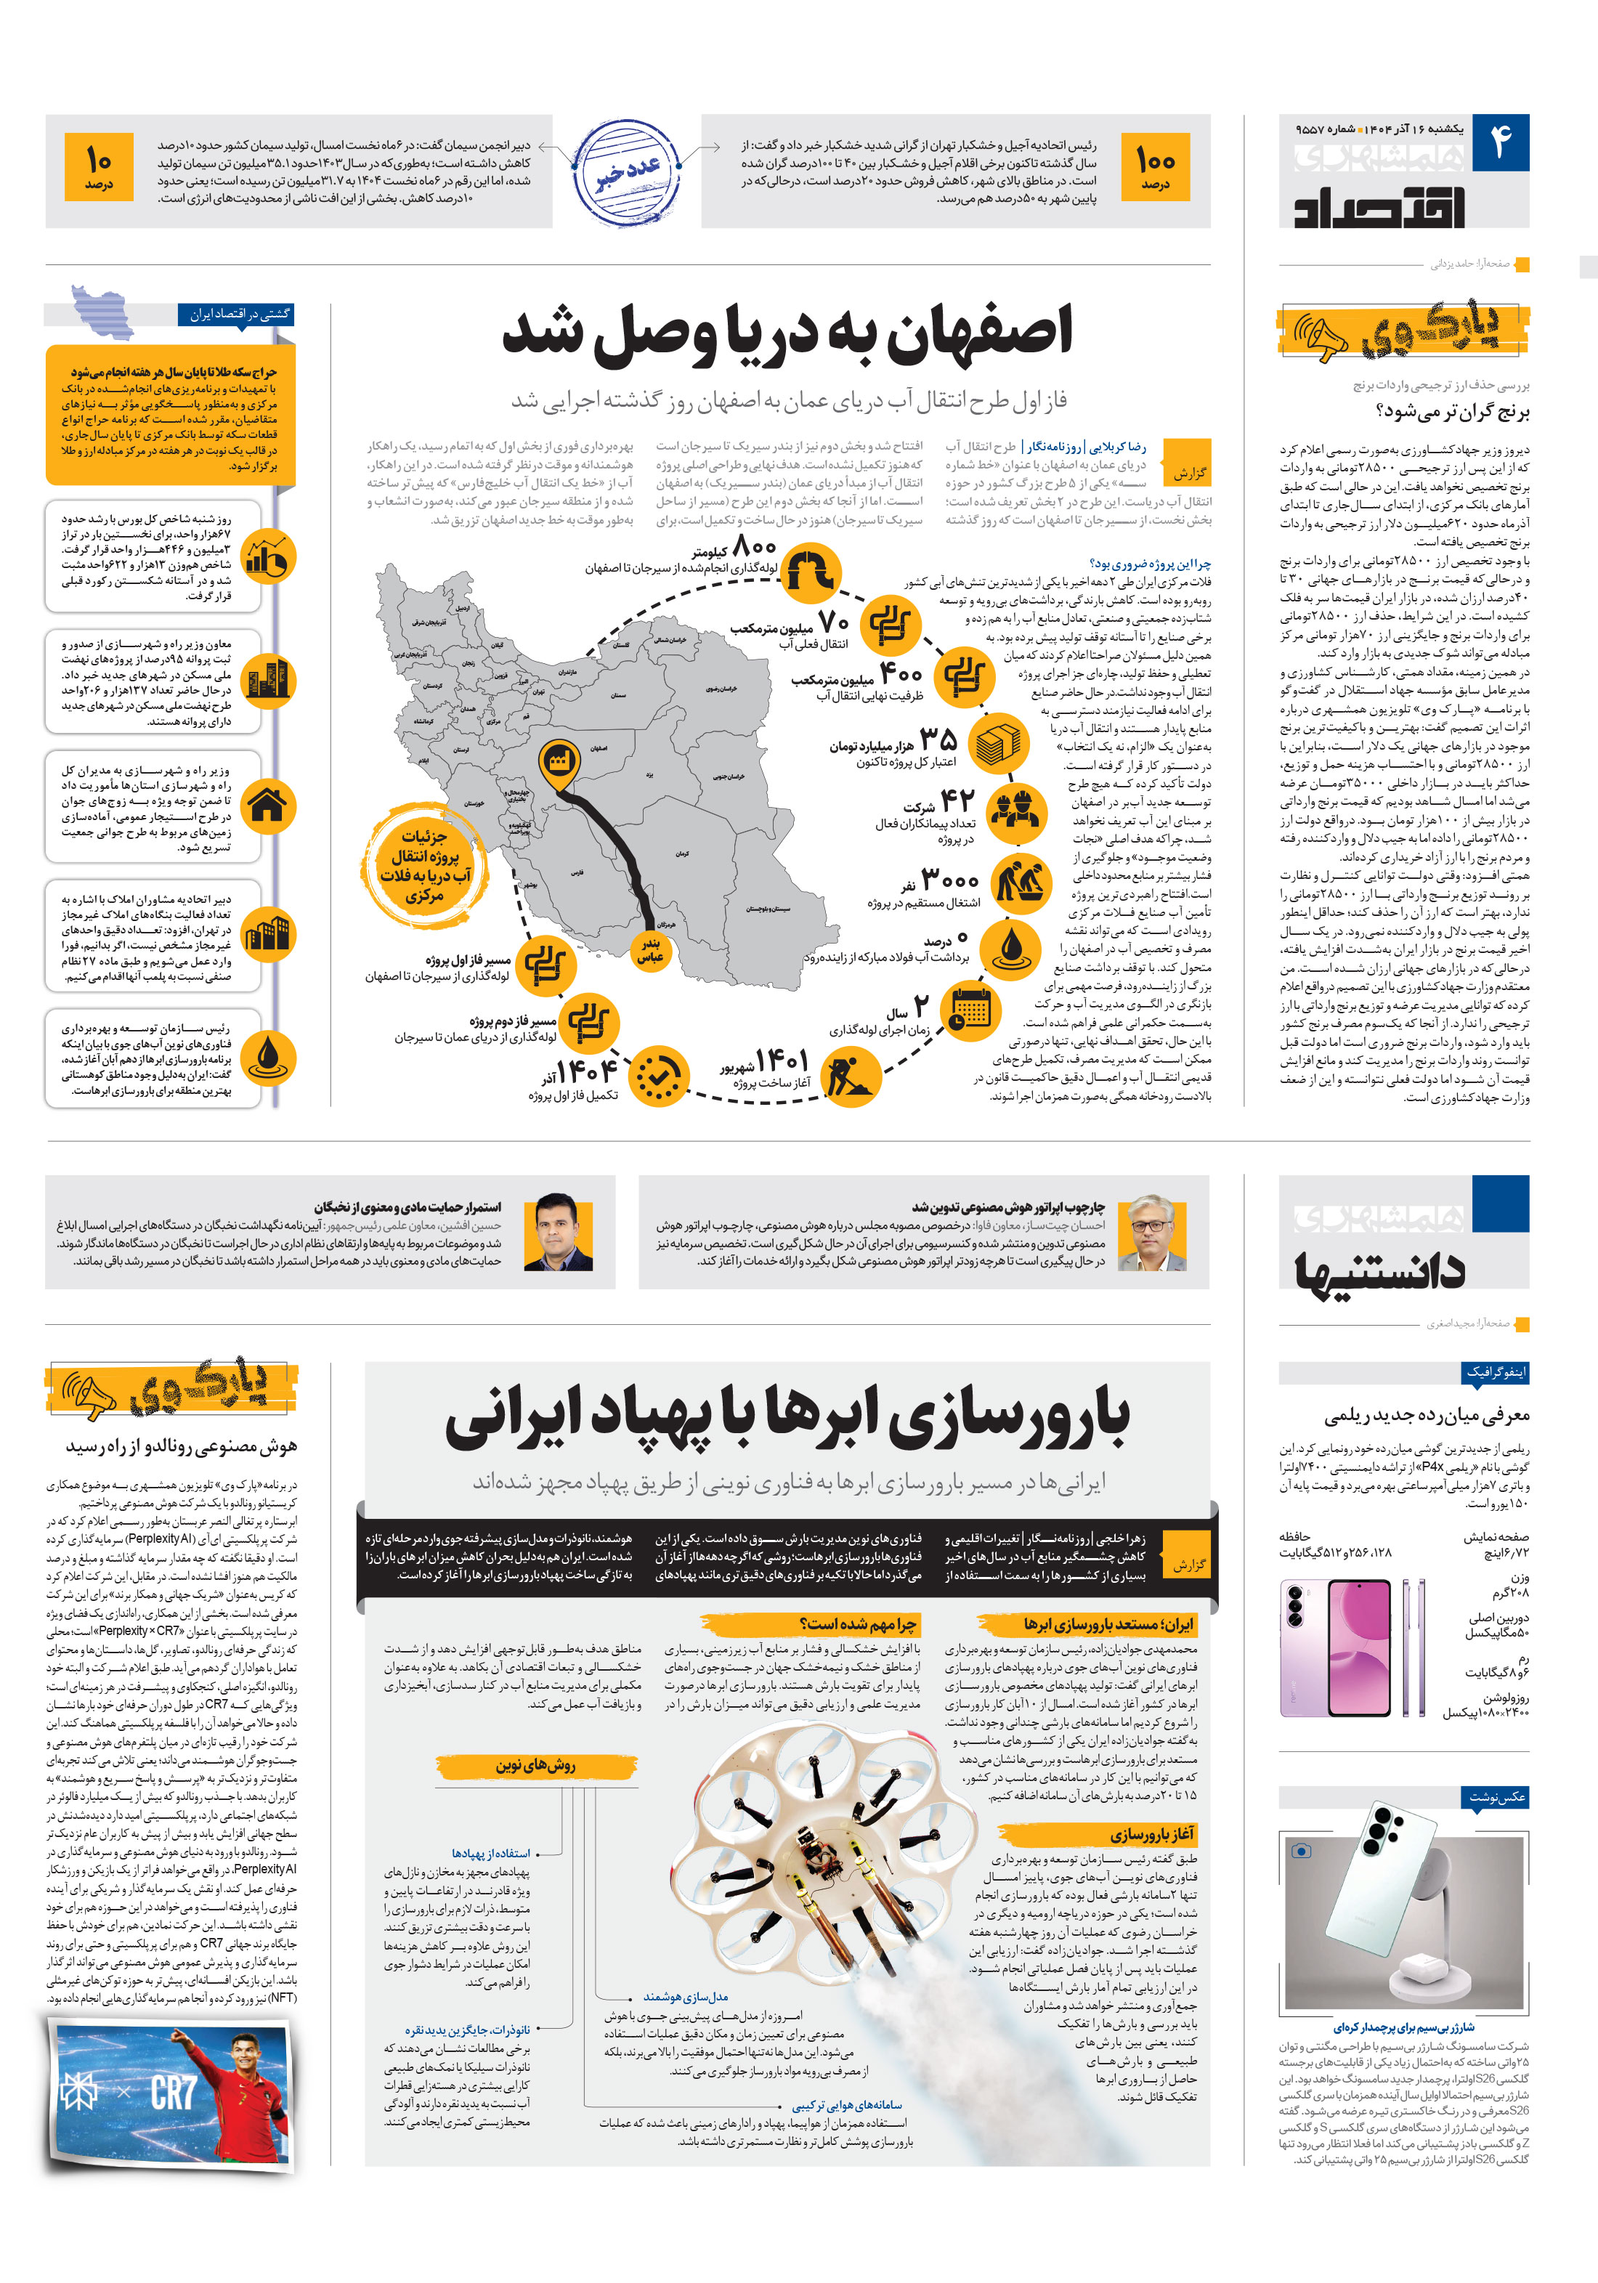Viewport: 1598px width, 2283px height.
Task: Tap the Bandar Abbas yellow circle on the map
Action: (649, 949)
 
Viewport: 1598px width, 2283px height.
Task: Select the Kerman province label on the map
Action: (681, 853)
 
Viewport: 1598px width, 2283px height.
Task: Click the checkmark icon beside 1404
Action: (657, 1076)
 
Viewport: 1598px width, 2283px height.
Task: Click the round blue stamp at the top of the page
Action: (628, 172)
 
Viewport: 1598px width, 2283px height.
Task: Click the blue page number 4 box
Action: (1499, 143)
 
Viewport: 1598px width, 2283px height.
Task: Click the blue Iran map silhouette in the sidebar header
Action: (102, 311)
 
